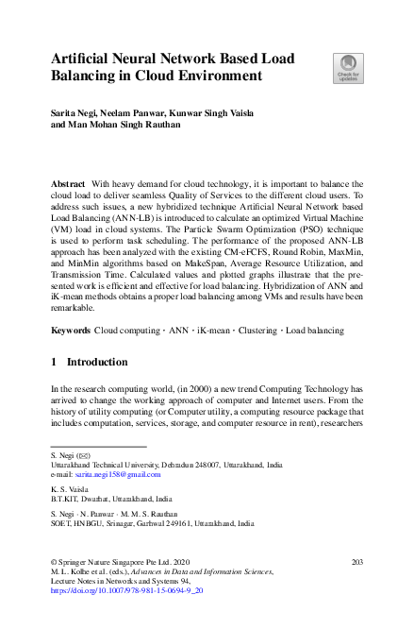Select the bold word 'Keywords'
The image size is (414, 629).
[71, 331]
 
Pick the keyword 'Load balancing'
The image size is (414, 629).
[314, 331]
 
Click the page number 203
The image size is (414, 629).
[356, 562]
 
